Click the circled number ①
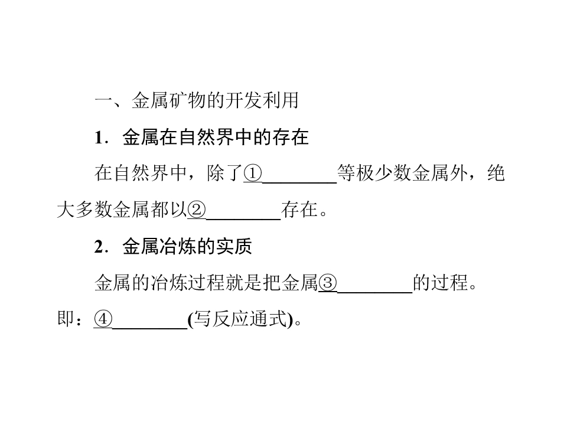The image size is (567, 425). (252, 173)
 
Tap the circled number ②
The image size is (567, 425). (196, 210)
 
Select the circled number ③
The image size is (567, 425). (328, 283)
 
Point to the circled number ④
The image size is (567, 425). (103, 319)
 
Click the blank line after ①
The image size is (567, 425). (299, 183)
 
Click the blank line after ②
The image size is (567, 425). (243, 220)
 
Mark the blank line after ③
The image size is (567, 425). (374, 292)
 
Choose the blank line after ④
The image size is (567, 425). (149, 329)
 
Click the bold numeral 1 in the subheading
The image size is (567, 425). (99, 138)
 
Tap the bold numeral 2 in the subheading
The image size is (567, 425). (99, 247)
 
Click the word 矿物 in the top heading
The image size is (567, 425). (187, 100)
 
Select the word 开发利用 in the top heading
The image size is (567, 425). (262, 100)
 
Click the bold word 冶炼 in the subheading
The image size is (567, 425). (178, 247)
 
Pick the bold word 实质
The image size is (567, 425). (234, 247)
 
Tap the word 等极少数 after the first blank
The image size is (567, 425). (374, 173)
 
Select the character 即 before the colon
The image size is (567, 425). (66, 319)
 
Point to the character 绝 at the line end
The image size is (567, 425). (496, 173)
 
